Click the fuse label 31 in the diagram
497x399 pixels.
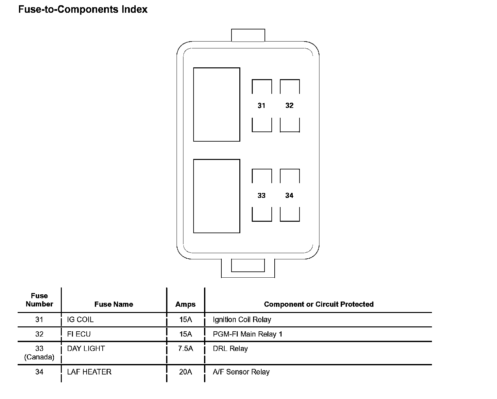coord(261,106)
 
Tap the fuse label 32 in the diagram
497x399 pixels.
coord(289,106)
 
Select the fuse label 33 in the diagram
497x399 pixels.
coord(261,196)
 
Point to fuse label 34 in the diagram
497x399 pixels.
coord(289,196)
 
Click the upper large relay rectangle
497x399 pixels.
coord(216,105)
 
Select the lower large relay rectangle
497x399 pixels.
coord(216,196)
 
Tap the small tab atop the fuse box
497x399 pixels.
coord(248,35)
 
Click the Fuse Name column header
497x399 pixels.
coord(114,304)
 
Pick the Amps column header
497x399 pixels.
coord(185,304)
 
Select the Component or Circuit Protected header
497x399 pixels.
coord(319,304)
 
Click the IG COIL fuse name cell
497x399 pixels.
coord(80,320)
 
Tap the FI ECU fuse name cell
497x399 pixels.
coord(79,334)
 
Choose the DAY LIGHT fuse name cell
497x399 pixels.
coord(86,349)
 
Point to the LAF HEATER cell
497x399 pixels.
coord(89,372)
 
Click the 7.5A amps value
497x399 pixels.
coord(185,349)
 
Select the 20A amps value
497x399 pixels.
coord(185,372)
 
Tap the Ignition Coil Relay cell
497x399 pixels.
coord(242,320)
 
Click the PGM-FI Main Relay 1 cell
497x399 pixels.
coord(248,334)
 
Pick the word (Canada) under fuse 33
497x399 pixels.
coord(39,357)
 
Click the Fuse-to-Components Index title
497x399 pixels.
coord(83,9)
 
